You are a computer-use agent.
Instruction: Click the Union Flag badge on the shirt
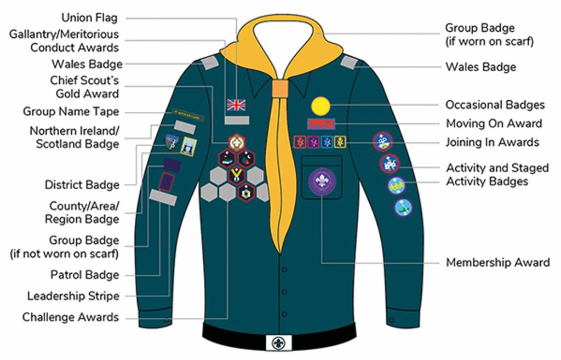pos(237,104)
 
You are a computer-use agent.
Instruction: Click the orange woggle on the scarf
pos(279,89)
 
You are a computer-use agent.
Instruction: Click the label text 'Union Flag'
pos(89,18)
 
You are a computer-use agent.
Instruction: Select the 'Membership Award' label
pos(497,262)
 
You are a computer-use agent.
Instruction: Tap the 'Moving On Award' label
pos(494,123)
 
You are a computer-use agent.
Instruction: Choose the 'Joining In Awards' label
pos(492,142)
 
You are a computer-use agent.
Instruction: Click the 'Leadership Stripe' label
pos(73,296)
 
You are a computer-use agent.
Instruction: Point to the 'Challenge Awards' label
pos(71,317)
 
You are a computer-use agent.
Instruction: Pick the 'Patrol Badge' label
pos(85,275)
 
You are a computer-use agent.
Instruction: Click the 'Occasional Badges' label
pos(495,105)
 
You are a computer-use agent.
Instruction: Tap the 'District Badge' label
pos(82,185)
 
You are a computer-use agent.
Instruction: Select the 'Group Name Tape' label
pos(71,112)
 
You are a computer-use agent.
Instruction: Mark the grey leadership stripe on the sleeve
pos(163,197)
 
